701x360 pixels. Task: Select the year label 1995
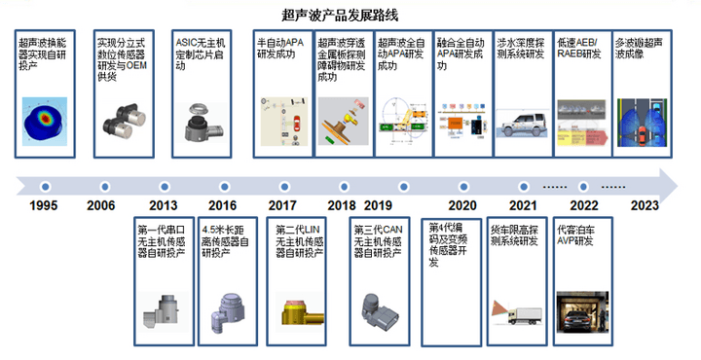click(x=44, y=206)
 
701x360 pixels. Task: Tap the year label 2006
click(x=100, y=206)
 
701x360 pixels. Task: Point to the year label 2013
click(x=164, y=206)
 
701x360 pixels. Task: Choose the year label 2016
click(x=222, y=206)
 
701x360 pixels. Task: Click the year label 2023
click(x=645, y=206)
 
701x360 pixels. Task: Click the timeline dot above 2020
click(x=461, y=184)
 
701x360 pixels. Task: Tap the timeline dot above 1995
click(x=44, y=184)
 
